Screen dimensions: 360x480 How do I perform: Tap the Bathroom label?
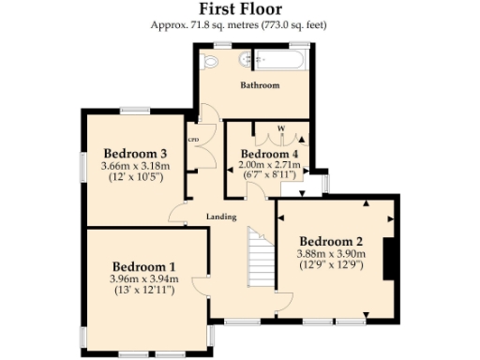pyautogui.click(x=260, y=85)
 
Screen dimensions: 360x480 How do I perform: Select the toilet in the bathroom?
pyautogui.click(x=210, y=61)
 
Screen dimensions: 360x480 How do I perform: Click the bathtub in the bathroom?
pyautogui.click(x=279, y=61)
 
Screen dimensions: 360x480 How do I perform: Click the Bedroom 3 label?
pyautogui.click(x=135, y=154)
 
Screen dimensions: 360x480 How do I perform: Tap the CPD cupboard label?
pyautogui.click(x=194, y=140)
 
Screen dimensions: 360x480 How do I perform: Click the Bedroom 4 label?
pyautogui.click(x=270, y=154)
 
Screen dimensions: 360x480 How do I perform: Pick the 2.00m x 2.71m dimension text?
pyautogui.click(x=270, y=165)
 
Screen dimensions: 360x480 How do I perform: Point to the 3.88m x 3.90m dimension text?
pyautogui.click(x=331, y=253)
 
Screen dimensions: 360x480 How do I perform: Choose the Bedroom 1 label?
pyautogui.click(x=142, y=265)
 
